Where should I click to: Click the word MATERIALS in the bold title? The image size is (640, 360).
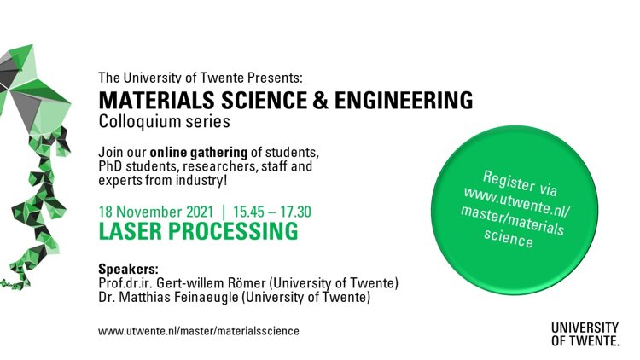point(156,100)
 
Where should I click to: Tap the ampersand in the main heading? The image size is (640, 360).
point(321,100)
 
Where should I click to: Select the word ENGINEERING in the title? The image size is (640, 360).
point(404,100)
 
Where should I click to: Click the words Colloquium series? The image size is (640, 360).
point(164,122)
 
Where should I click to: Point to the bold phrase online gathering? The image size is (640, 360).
point(198,152)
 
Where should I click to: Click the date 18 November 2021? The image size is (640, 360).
point(156,212)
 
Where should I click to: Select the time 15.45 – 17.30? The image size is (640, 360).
point(272,212)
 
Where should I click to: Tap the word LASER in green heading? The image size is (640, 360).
point(131,231)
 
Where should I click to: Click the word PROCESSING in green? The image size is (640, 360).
point(233,231)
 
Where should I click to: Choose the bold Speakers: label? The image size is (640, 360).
point(128,270)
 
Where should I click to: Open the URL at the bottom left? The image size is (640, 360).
point(199,331)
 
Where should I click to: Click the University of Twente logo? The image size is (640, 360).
point(585,334)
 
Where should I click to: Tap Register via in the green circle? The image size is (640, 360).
point(520,183)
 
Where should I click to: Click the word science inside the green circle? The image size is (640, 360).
point(509,237)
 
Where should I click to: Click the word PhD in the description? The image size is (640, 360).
point(110,166)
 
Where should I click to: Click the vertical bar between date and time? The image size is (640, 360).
point(224,212)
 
